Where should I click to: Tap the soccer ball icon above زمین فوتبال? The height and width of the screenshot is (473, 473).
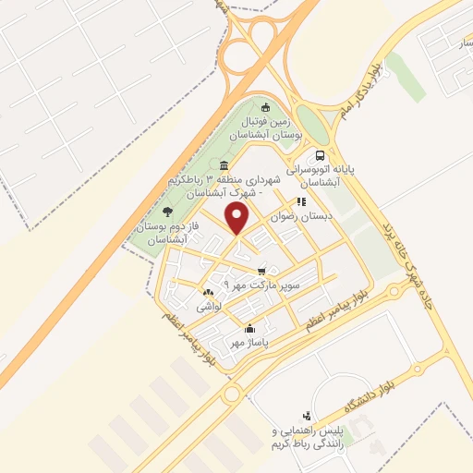coord(267,106)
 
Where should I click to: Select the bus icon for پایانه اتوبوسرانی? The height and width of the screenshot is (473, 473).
coord(320,156)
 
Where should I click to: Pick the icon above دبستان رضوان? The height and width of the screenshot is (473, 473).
coord(300,201)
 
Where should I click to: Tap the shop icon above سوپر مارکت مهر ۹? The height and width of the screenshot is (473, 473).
coord(263,271)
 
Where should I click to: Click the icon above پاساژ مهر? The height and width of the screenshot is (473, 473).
coord(249,328)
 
